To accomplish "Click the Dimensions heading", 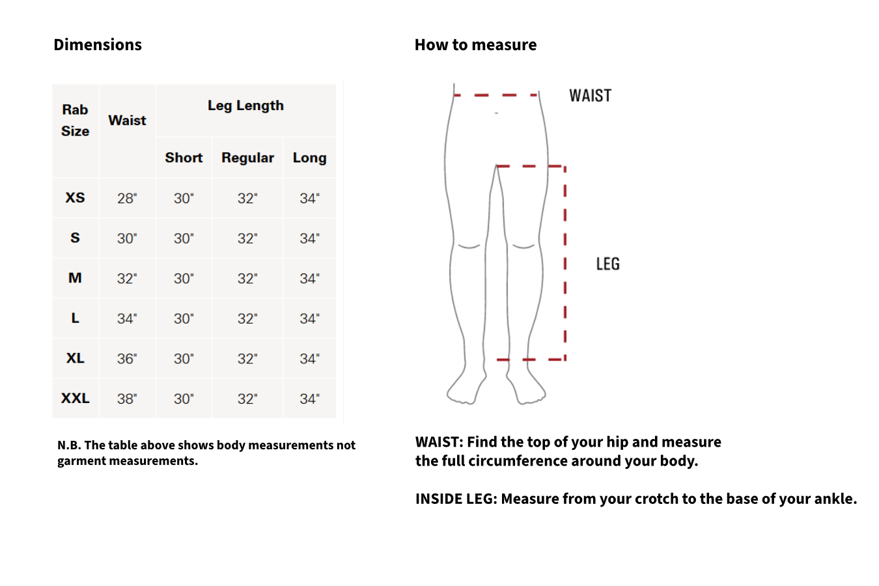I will point(98,45).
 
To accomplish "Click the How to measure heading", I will point(475,45).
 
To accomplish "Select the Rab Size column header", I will point(76,120).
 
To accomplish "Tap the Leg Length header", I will point(245,105).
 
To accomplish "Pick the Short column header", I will point(184,158).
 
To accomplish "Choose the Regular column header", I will point(247,158).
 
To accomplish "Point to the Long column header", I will point(309,158).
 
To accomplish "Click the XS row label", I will point(76,198).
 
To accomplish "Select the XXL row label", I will point(76,398).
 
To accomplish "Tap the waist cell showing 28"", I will point(127,199).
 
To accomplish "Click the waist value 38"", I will point(127,399).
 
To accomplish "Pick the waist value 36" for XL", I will point(127,359).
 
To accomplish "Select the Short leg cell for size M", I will point(184,279).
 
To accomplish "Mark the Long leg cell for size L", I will point(309,319).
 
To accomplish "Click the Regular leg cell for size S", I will point(247,239).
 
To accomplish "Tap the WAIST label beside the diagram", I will point(590,96).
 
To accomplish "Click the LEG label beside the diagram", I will point(607,264).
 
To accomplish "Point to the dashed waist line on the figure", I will point(496,95).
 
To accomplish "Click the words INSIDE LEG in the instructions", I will point(456,499).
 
